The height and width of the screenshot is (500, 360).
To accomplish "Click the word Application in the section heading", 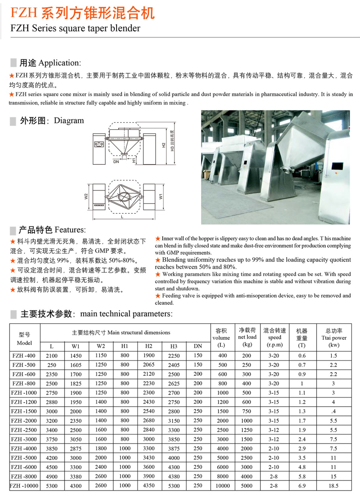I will click(x=59, y=63).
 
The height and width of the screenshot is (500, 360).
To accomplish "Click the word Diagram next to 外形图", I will click(x=69, y=121).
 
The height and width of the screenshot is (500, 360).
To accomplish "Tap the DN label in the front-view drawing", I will click(x=116, y=162).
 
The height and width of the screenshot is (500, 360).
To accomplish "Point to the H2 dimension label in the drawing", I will click(x=164, y=145).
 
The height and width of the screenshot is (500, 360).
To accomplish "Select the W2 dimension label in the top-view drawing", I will click(x=86, y=197).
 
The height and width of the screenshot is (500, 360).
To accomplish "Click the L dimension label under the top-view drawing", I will click(x=122, y=217).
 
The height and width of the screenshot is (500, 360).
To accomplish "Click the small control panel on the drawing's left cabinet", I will click(x=99, y=144).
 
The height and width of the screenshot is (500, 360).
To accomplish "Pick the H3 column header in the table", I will click(x=174, y=346).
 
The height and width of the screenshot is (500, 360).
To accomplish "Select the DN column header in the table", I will click(x=198, y=346).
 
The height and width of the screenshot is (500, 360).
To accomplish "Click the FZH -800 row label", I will click(x=24, y=383).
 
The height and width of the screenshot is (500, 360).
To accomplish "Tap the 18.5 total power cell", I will click(x=333, y=486).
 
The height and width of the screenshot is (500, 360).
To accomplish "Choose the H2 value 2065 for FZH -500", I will click(x=149, y=365).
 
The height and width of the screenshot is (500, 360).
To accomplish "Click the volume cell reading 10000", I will click(x=222, y=486).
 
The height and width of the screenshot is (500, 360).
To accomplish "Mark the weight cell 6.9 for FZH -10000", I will click(x=302, y=486).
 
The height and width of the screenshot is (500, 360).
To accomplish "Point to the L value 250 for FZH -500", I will click(x=52, y=365).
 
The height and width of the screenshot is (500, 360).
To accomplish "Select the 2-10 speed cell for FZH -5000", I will click(x=274, y=458).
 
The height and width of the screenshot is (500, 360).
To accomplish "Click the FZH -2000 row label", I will click(x=24, y=421).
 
